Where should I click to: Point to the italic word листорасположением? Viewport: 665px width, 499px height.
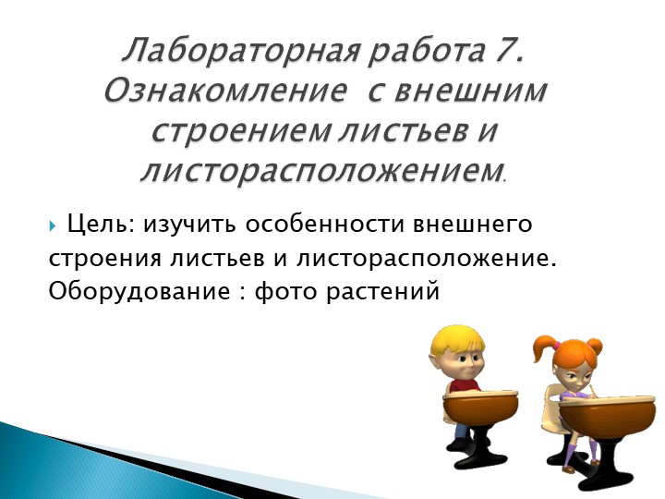pyautogui.click(x=320, y=170)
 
